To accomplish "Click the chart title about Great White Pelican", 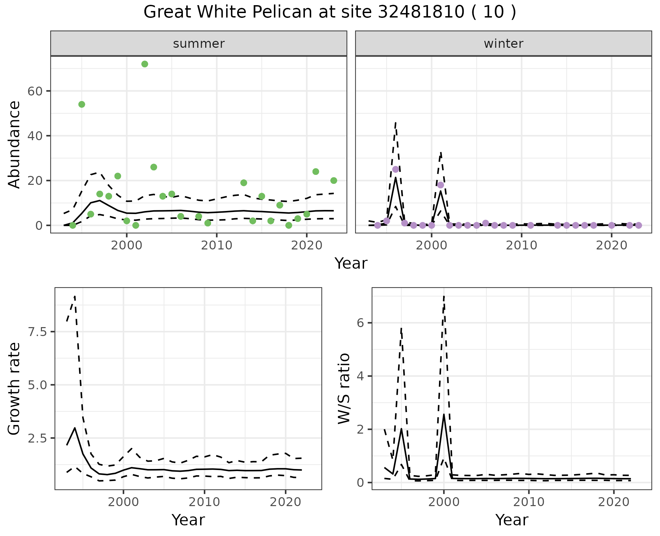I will [x=330, y=12].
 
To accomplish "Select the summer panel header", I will [x=199, y=44].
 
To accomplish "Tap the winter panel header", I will [x=503, y=44].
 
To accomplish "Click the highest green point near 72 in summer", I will [x=145, y=64].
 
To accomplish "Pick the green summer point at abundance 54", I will [x=82, y=104].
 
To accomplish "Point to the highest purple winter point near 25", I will [x=396, y=169].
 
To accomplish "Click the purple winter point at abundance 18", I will [x=441, y=185].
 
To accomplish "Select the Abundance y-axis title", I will [x=14, y=144].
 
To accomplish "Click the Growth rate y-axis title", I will [x=14, y=389].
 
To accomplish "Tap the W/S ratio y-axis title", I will [x=344, y=389].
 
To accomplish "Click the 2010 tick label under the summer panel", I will [x=217, y=245].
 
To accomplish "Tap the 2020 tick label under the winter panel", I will [x=612, y=245].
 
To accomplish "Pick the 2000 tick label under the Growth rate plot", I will [x=123, y=502].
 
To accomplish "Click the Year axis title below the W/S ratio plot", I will [x=511, y=520].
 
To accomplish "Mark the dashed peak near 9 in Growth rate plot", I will [x=75, y=296].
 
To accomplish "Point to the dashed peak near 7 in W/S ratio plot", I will [x=444, y=296].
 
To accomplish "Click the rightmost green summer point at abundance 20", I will [x=333, y=181].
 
